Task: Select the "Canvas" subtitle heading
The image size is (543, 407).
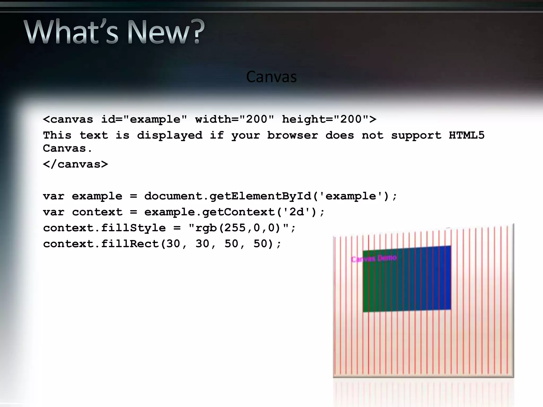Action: coord(271,77)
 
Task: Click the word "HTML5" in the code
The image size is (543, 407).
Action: coord(466,135)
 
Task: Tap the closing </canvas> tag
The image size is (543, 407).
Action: coord(76,164)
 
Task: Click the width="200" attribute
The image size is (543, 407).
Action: coord(234,119)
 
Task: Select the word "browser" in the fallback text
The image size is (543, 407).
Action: coord(292,135)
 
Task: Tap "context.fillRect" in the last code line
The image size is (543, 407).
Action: coord(101,244)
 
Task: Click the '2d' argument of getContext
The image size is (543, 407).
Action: coord(296,212)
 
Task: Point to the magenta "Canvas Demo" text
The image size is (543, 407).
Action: coord(374,258)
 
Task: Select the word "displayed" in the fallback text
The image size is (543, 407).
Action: coord(170,136)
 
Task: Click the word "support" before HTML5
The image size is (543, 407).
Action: coord(416,135)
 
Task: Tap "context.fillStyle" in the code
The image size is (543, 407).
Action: coord(104,228)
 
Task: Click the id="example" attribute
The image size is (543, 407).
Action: coord(144,120)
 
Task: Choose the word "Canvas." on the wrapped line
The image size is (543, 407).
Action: coord(67,148)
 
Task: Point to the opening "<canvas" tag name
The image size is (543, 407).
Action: coord(68,120)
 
